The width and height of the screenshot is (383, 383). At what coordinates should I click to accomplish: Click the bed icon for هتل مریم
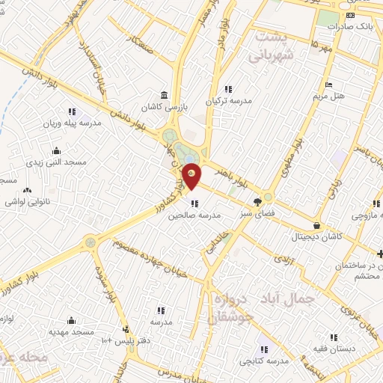click(x=328, y=85)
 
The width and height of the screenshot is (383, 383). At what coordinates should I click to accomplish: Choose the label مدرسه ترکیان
click(x=229, y=100)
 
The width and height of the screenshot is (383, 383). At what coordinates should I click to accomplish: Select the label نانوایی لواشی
click(x=28, y=202)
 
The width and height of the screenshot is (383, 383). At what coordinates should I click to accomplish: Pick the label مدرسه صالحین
click(x=195, y=215)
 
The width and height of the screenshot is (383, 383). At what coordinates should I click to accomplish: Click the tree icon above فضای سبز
click(x=258, y=201)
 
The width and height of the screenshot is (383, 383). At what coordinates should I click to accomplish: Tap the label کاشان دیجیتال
click(x=317, y=236)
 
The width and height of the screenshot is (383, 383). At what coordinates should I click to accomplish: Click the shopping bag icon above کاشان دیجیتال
click(x=317, y=224)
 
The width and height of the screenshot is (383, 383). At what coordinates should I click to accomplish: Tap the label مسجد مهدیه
click(x=71, y=331)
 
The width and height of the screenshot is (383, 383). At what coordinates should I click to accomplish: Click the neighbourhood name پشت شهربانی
click(x=275, y=46)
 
